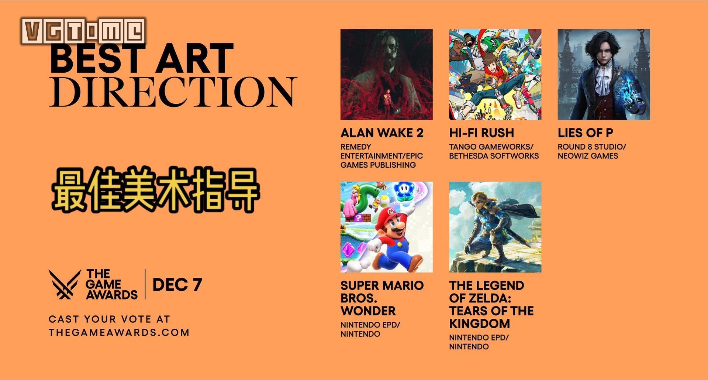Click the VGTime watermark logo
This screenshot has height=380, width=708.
pos(84,31)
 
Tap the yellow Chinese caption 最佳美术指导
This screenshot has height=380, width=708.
pos(156,191)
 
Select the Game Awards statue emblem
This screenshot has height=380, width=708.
pos(65,284)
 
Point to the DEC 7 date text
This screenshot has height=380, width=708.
pos(177,285)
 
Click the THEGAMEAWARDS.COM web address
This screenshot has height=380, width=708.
pos(119,332)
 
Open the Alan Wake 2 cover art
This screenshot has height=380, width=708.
pos(386,74)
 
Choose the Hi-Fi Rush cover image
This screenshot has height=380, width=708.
pos(495,74)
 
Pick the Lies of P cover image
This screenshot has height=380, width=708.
pos(604,74)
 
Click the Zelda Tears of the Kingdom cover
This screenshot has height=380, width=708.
pos(495,227)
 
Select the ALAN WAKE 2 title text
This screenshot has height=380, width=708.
pos(382,133)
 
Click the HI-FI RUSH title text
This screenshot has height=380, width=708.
pos(481,133)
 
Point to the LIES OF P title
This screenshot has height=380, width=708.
pos(585,133)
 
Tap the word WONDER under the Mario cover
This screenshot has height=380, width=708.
pos(368,311)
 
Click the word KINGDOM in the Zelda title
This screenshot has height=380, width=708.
pos(480,323)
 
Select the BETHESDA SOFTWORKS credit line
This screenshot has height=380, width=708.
pos(494,156)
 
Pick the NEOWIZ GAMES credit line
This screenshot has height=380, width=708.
pos(588,156)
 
